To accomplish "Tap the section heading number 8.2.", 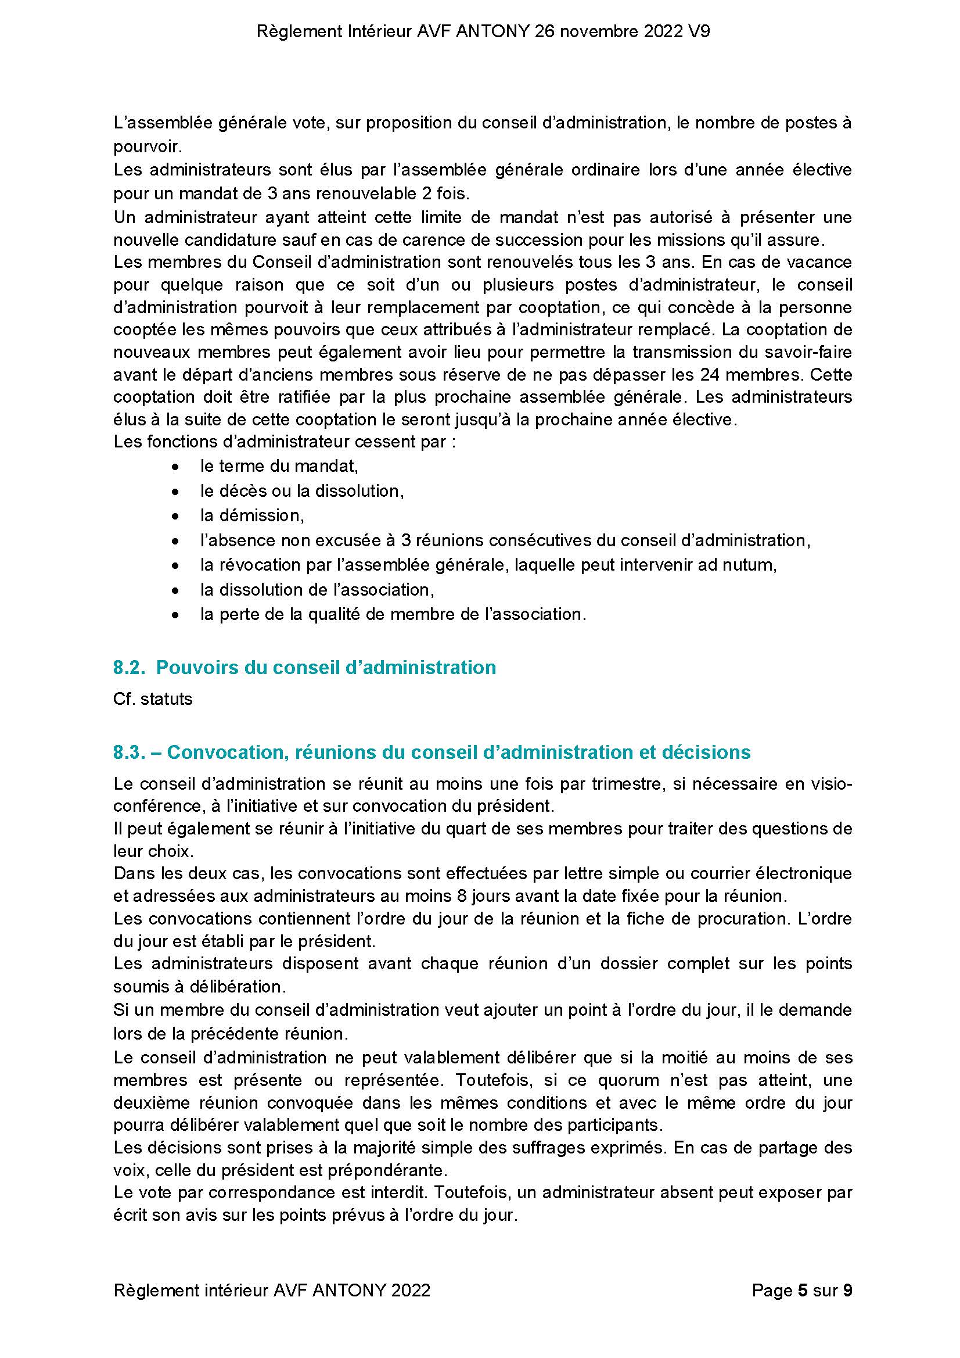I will click(130, 668).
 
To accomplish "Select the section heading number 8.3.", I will click(130, 753).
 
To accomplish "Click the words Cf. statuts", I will click(153, 699).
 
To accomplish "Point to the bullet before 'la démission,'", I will click(175, 517).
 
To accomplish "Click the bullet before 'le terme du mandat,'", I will click(175, 467).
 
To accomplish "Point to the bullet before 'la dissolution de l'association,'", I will click(175, 590).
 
